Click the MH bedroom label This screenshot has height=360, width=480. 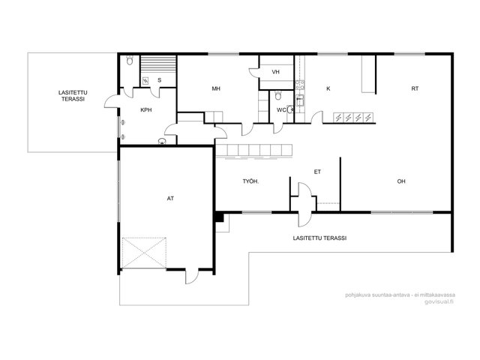[x=216, y=88]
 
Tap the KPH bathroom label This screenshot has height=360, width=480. [x=146, y=110]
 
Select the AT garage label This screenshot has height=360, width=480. [x=170, y=199]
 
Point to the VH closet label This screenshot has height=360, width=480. [x=275, y=72]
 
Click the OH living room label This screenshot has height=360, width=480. [x=401, y=181]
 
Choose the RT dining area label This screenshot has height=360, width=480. [x=415, y=88]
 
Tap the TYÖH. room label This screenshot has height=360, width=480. [x=250, y=181]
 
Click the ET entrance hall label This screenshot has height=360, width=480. [x=317, y=172]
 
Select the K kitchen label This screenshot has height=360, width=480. [x=328, y=88]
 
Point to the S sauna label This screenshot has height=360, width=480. [x=159, y=80]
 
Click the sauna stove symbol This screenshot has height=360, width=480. [x=145, y=81]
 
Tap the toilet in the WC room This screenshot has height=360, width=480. [x=278, y=95]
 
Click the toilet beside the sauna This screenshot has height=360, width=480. [x=130, y=60]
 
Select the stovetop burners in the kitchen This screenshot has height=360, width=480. [x=300, y=85]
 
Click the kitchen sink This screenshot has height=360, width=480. [x=300, y=100]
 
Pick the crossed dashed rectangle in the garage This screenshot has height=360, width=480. [x=144, y=253]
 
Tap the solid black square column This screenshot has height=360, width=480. [x=220, y=217]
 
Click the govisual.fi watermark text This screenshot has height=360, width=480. [x=439, y=301]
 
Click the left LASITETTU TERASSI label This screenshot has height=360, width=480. [x=73, y=96]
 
